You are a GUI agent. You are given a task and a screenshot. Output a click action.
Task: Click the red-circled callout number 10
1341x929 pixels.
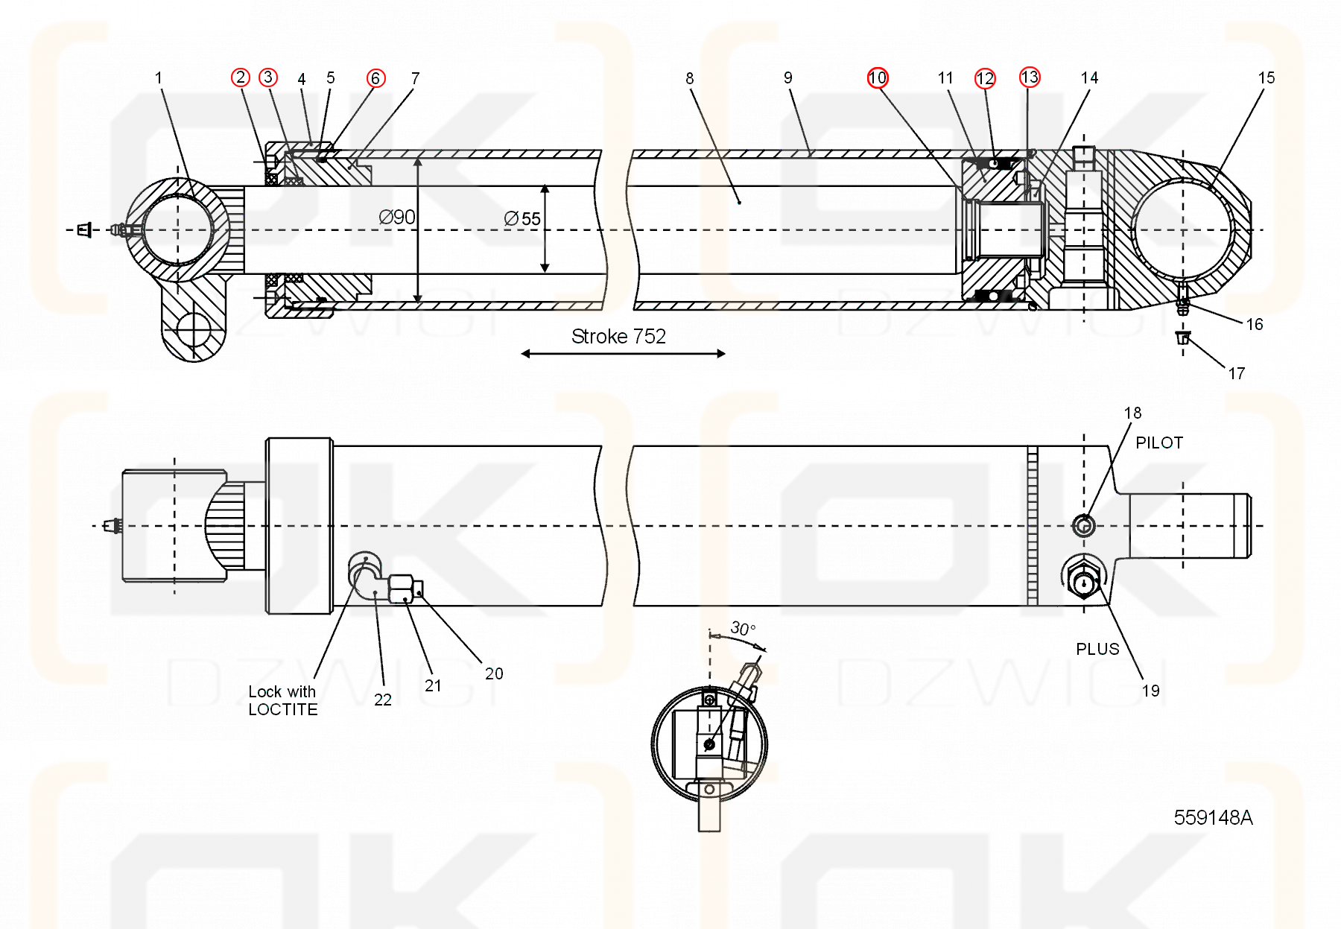[x=878, y=78]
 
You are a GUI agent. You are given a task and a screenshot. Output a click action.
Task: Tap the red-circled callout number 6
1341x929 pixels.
[x=375, y=78]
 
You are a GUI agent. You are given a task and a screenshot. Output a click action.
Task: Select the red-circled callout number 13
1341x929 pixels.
[x=1030, y=77]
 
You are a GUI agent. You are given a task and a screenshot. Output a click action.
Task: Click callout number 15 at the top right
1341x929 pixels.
[x=1266, y=78]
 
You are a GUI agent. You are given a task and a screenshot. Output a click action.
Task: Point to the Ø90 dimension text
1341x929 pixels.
[x=397, y=218]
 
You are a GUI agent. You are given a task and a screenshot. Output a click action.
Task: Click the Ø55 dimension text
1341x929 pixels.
[x=522, y=219]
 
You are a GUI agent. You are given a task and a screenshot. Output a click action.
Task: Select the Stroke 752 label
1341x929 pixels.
[x=618, y=337]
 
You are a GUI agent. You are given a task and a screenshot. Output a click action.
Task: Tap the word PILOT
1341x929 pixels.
[x=1158, y=443]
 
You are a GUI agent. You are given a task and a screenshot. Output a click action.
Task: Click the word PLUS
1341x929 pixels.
[x=1097, y=649]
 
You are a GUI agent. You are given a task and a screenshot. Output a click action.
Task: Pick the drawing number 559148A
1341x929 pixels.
[x=1213, y=818]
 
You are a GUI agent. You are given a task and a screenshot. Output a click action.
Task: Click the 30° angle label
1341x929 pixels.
[x=743, y=628]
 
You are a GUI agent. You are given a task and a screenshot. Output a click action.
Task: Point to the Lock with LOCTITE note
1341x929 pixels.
[x=282, y=700]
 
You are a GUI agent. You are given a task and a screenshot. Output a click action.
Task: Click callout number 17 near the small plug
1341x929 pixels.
[x=1237, y=373]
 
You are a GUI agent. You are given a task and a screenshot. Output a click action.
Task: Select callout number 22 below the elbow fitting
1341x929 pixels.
[x=383, y=700]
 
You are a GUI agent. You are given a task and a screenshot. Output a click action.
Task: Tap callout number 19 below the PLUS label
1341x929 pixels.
[x=1150, y=691]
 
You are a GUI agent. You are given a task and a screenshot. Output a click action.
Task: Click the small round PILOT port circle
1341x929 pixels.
[x=1083, y=525]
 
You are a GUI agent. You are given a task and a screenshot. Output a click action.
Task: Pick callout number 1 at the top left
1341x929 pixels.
[x=158, y=78]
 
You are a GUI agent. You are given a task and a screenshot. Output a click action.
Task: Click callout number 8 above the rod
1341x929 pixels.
[x=689, y=78]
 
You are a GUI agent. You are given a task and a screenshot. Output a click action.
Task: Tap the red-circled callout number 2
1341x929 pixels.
[x=240, y=77]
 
